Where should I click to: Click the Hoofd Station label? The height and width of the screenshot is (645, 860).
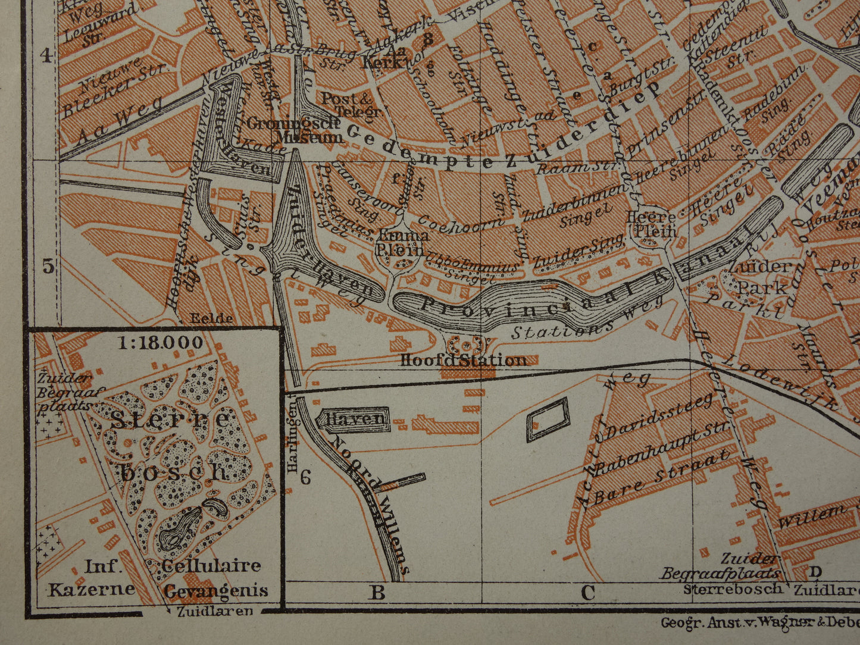coord(464,360)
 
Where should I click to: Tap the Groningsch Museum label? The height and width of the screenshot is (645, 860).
coord(293,130)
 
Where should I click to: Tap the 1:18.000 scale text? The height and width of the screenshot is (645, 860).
coord(160,343)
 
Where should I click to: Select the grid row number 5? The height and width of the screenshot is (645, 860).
coord(48,266)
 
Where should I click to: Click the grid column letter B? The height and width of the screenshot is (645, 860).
coord(377,593)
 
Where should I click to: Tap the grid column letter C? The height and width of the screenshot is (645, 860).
coord(587,593)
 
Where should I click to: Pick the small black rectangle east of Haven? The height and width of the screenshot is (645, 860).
coord(547,419)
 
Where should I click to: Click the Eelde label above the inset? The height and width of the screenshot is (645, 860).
coord(211,318)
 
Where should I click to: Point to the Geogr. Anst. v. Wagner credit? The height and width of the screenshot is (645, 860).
coord(759,622)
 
